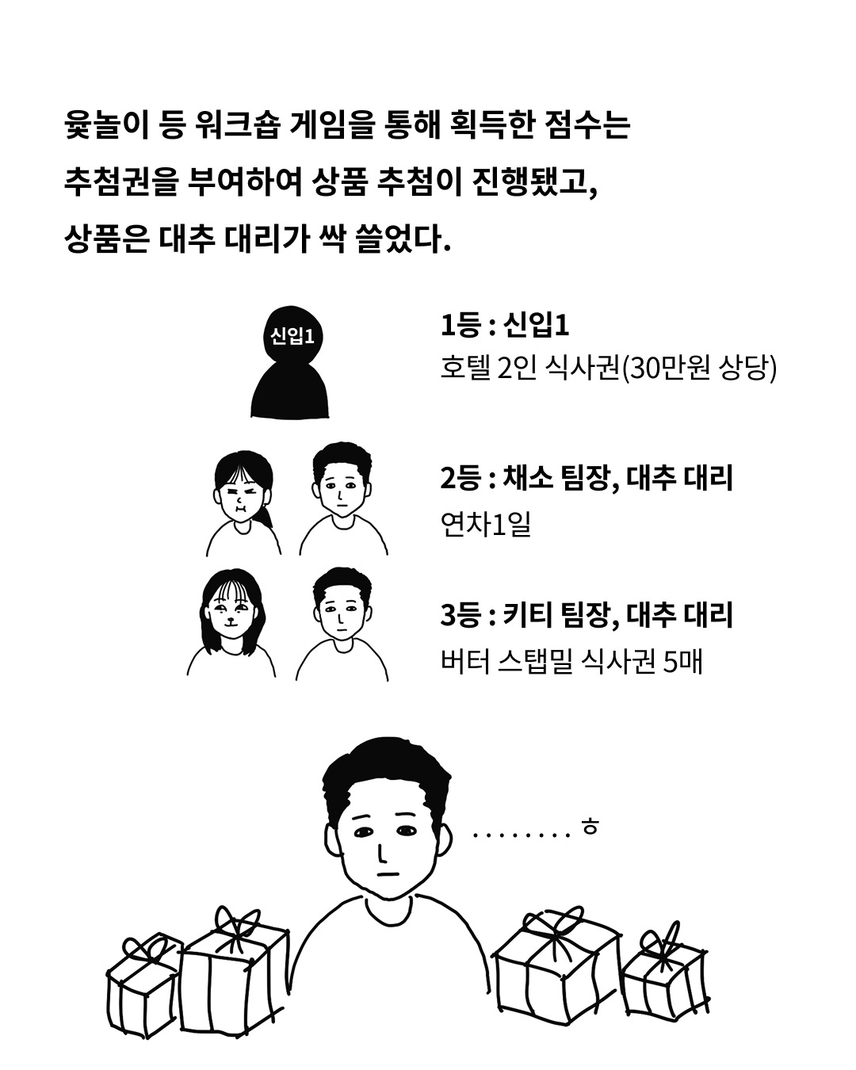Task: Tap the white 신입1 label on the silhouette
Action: coord(292,336)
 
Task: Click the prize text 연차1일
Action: coord(485,524)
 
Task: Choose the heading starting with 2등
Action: coord(587,479)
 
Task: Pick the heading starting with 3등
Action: coord(587,616)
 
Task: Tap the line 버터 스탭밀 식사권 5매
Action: coord(571,661)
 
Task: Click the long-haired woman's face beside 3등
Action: coord(229,614)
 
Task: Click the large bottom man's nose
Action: coord(382,853)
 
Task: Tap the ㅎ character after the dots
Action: coord(590,827)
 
